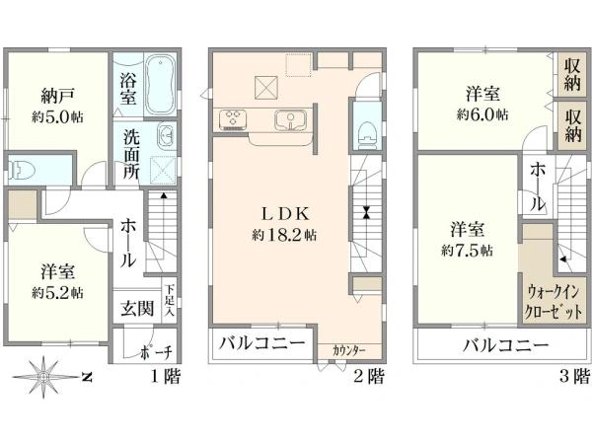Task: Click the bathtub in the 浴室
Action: tap(161, 85)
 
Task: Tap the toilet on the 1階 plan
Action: tap(22, 170)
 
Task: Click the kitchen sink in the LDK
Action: tap(290, 120)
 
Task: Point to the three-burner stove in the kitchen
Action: tap(233, 120)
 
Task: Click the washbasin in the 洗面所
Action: tap(166, 135)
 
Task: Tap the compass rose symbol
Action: tap(43, 377)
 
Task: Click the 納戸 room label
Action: tap(57, 96)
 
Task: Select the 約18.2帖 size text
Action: tap(284, 236)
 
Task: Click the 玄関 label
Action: tap(137, 308)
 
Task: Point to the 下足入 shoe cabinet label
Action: tap(170, 301)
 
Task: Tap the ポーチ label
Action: tap(156, 352)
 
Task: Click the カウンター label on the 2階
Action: tap(348, 350)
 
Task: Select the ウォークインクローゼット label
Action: tap(554, 302)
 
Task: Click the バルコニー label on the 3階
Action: tap(505, 345)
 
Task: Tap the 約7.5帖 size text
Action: tap(467, 251)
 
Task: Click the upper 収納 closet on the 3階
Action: tap(572, 75)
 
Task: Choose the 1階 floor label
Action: tap(166, 376)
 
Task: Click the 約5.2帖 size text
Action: tap(57, 293)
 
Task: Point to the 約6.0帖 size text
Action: tap(482, 114)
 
